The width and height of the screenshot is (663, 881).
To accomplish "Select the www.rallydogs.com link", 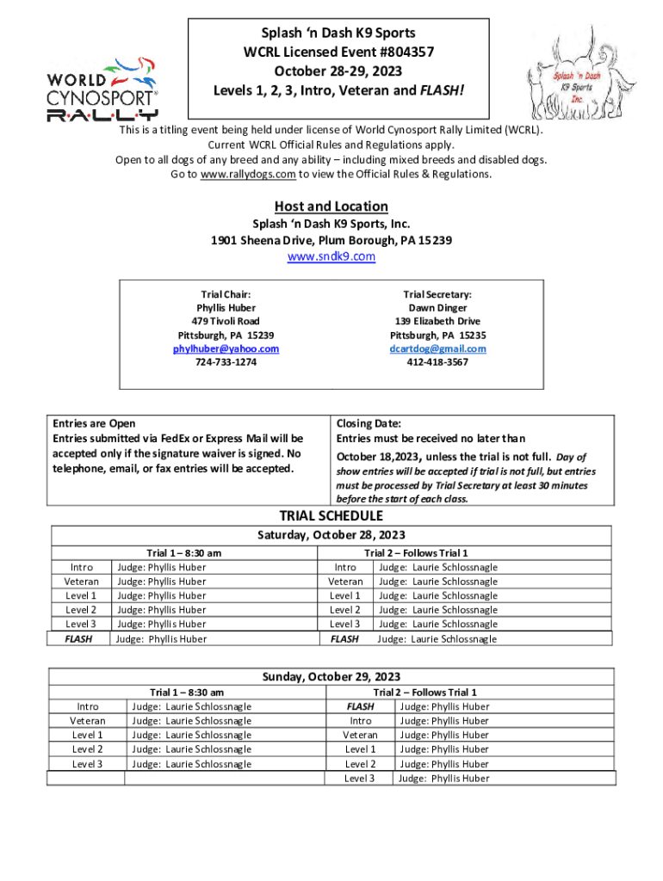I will point(247,174).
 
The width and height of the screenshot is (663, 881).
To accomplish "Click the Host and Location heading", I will point(331,206).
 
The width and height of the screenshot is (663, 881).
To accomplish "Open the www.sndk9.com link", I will point(331,256).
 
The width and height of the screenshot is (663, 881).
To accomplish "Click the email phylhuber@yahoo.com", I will point(226,348).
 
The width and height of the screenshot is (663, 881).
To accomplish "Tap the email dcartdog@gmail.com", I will point(437,348).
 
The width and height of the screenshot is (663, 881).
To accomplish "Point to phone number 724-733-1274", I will point(226,362).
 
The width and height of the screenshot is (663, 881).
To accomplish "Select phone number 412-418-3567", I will point(437,362).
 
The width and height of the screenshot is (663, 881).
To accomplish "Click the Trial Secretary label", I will point(437,294).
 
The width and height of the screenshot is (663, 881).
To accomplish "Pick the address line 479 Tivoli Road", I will point(226,321).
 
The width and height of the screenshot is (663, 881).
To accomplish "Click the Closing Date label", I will point(369,423).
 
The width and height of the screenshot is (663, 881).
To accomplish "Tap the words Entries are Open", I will point(94,423).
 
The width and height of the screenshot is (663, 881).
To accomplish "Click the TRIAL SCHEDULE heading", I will point(331,516).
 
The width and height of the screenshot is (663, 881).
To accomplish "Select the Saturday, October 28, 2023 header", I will point(331,535).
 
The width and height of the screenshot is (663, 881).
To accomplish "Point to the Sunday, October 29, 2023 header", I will point(331,676).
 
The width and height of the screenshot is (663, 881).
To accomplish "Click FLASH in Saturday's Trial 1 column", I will point(80,639).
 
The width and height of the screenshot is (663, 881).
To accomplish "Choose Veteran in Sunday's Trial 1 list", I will point(88,721).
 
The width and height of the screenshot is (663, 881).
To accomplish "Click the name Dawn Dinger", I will point(437,307).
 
